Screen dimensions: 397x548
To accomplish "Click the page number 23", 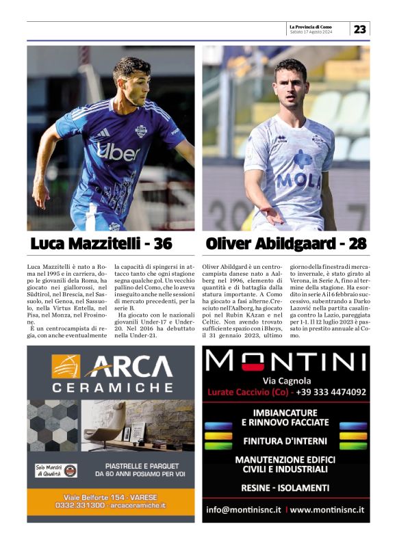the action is pyautogui.click(x=359, y=29).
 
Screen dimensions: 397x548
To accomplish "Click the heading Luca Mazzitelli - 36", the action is pyautogui.click(x=101, y=244).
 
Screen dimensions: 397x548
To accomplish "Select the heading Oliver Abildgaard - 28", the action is pyautogui.click(x=286, y=244).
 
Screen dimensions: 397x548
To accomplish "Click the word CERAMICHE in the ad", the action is pyautogui.click(x=112, y=387).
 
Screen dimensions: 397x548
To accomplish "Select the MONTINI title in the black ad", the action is pyautogui.click(x=286, y=361).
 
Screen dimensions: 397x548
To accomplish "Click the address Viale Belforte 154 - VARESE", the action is pyautogui.click(x=110, y=496).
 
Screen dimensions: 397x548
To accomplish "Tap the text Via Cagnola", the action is pyautogui.click(x=287, y=380).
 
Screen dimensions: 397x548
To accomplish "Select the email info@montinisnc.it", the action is pyautogui.click(x=244, y=510).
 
